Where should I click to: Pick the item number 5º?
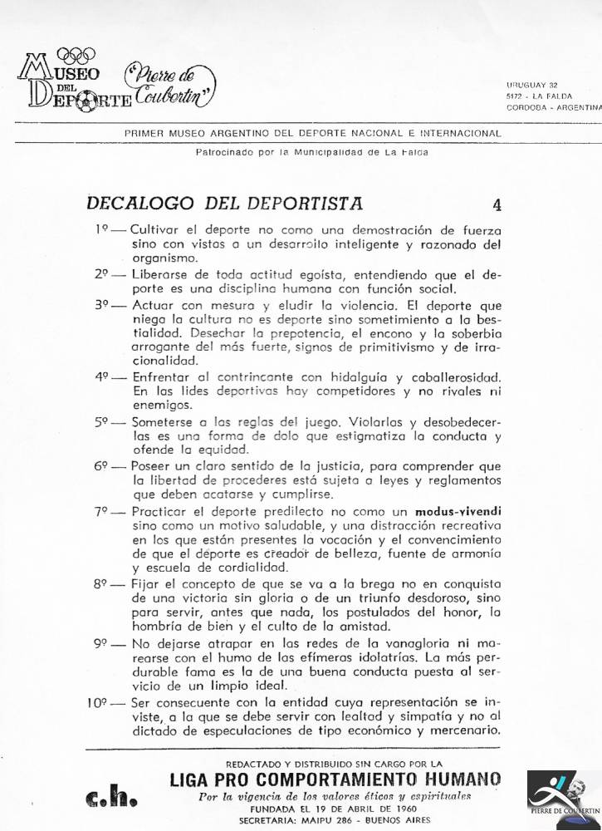[101, 421]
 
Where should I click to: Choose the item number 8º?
[101, 585]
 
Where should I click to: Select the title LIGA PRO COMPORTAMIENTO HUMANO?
[335, 779]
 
